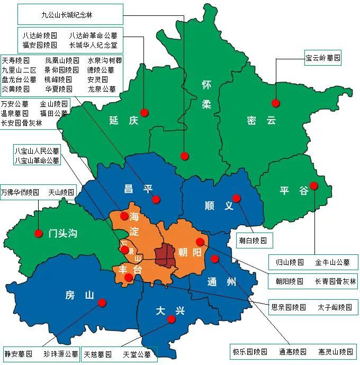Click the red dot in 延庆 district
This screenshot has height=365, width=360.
click(x=150, y=112)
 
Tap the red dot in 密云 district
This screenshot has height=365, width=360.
click(x=275, y=103)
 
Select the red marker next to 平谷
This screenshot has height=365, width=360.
click(x=314, y=185)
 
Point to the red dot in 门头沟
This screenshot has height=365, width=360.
click(x=38, y=233)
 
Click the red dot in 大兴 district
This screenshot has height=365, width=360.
click(x=171, y=319)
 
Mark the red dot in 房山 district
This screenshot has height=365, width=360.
click(x=102, y=302)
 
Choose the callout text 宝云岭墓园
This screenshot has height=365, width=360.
click(x=322, y=57)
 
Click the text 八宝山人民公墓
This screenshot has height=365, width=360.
click(x=37, y=150)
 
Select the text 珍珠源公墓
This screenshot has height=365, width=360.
click(x=60, y=353)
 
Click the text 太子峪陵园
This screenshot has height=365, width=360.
click(x=335, y=307)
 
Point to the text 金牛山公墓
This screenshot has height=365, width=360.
click(x=332, y=262)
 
